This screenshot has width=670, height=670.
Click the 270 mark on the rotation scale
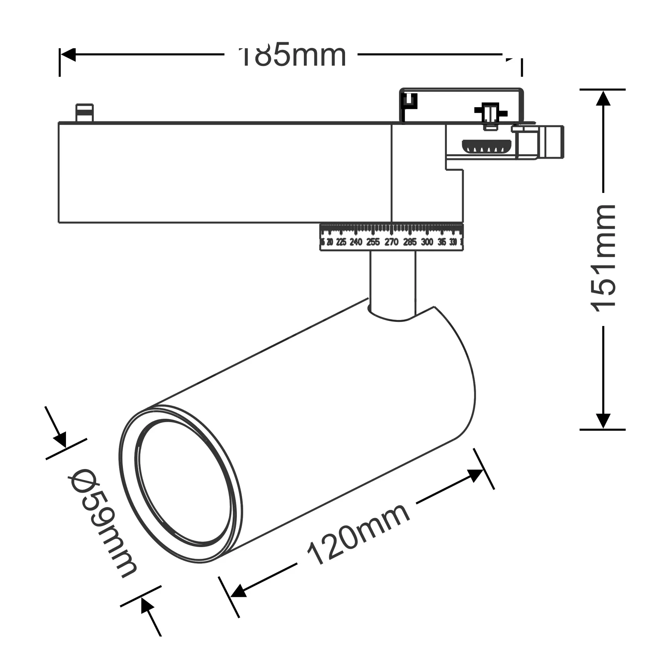point(391,242)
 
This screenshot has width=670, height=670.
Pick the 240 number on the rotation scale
point(356,242)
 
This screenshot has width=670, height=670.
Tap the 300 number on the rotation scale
point(427,242)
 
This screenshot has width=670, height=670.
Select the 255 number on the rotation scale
point(373,242)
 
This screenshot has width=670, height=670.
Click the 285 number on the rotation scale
point(410,242)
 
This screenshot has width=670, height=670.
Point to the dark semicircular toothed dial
point(487,147)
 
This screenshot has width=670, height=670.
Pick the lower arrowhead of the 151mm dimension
point(603,421)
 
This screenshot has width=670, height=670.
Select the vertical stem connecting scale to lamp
point(392,281)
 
